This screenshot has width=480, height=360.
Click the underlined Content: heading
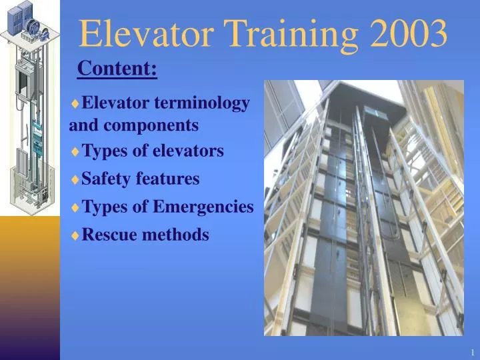(117, 68)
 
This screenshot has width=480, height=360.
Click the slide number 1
(471, 351)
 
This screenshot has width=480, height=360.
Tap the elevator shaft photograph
(363, 207)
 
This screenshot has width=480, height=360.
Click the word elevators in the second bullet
(191, 151)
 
